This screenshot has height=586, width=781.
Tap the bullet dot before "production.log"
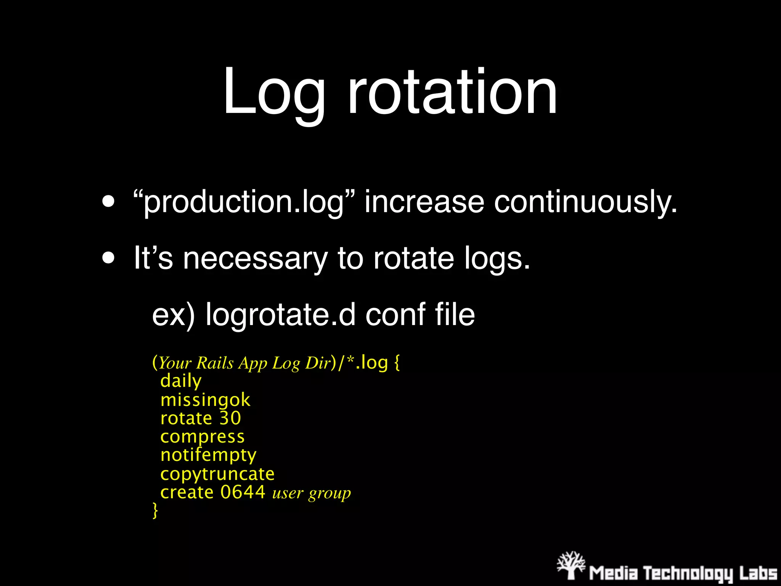click(x=108, y=201)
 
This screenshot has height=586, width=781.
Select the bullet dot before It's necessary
click(x=108, y=258)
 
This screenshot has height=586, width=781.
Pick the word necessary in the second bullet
click(x=255, y=259)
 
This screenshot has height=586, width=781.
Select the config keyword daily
click(x=181, y=381)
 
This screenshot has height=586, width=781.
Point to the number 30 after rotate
click(x=230, y=418)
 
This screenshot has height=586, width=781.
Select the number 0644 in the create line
click(x=243, y=492)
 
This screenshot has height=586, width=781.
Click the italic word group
click(x=329, y=493)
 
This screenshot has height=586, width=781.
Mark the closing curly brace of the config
click(x=155, y=510)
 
